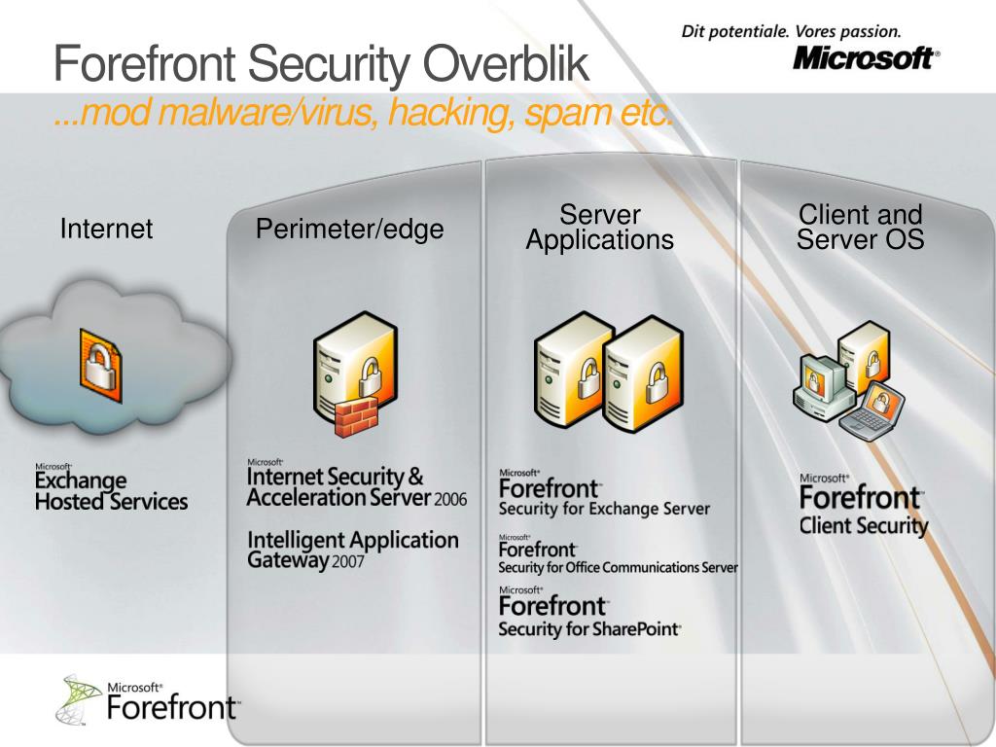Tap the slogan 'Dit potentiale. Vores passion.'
point(791,30)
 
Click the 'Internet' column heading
point(106,230)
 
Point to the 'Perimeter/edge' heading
point(349,230)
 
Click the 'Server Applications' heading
point(599,228)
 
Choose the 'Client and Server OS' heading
point(860,227)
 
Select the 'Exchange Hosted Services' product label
point(111,491)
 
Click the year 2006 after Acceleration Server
point(451,500)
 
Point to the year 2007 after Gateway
point(347,563)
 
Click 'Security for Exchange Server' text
point(604,509)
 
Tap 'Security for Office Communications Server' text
point(618,568)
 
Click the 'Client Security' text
point(864,526)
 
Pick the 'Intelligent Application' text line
point(352,540)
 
